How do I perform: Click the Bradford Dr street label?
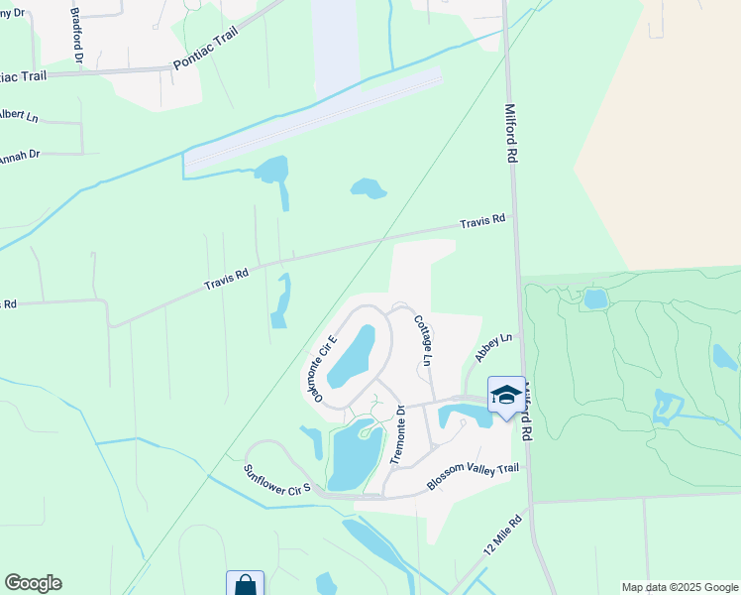(75, 34)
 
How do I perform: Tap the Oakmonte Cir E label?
(321, 368)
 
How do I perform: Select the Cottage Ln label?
(422, 340)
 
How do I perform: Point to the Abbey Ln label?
(493, 346)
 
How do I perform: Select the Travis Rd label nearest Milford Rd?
(482, 221)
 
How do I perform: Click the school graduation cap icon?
(506, 394)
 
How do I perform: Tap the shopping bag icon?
(245, 585)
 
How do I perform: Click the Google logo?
(33, 583)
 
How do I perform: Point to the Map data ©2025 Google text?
(679, 587)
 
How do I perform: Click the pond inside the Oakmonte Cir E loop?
(353, 357)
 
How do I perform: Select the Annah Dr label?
(19, 157)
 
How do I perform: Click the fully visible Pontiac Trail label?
(206, 48)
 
